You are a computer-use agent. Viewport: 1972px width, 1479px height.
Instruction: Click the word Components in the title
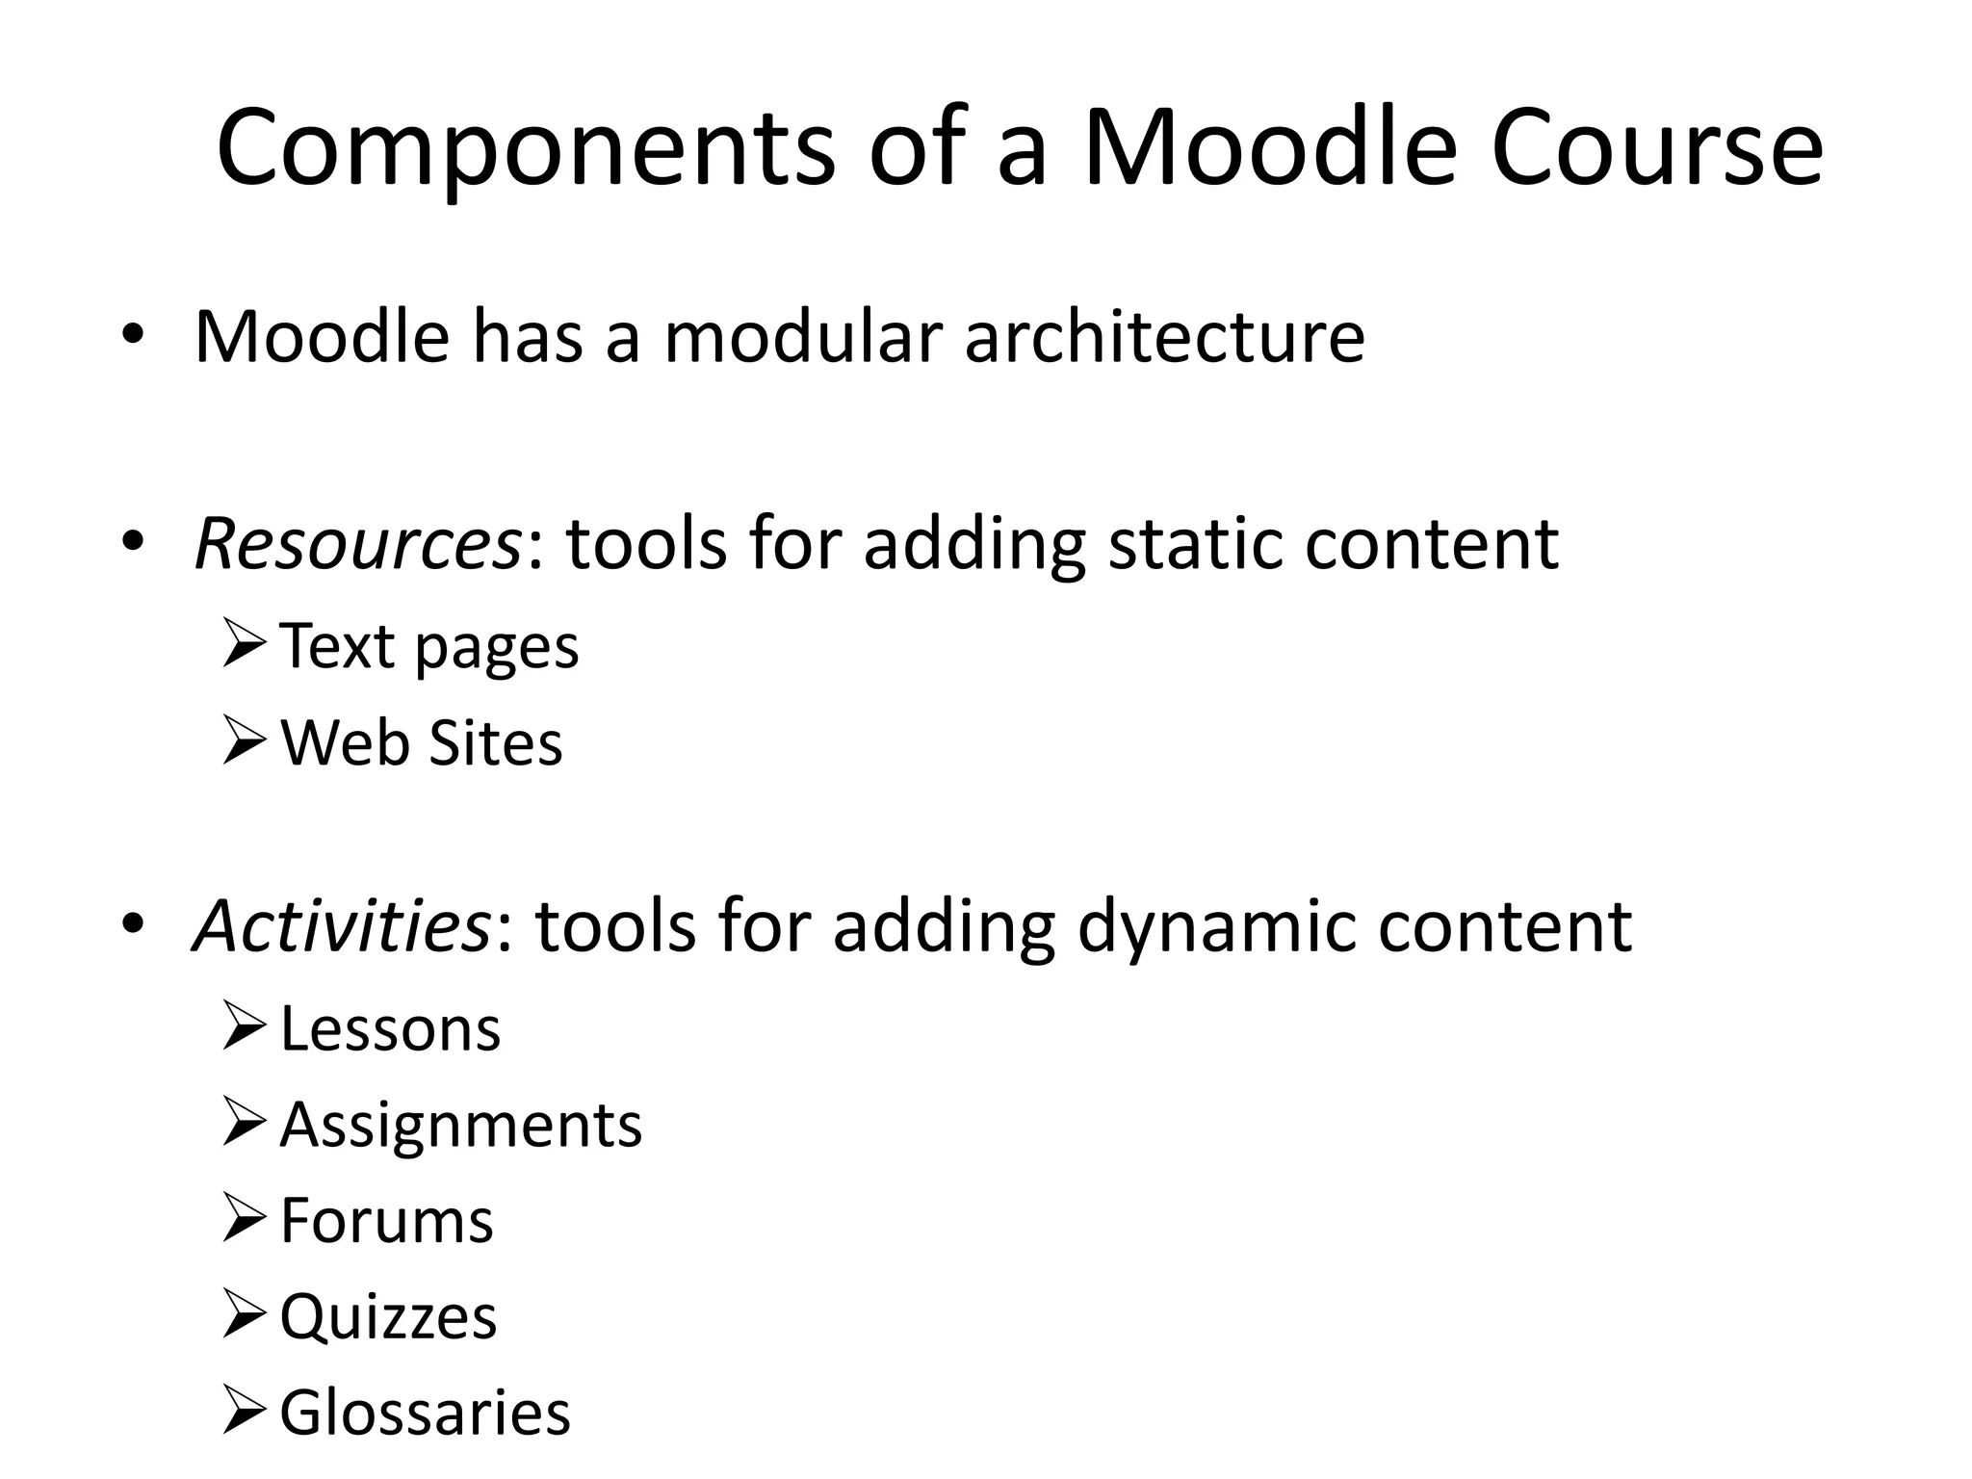click(x=526, y=149)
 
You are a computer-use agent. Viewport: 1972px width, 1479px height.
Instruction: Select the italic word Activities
click(x=342, y=925)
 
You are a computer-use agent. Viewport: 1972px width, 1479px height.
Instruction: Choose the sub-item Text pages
click(x=429, y=646)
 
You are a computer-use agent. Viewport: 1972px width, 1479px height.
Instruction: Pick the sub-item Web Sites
click(x=421, y=742)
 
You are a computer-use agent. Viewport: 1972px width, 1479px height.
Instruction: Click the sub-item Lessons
click(x=390, y=1028)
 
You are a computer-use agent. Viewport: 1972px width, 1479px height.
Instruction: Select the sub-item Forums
click(x=386, y=1220)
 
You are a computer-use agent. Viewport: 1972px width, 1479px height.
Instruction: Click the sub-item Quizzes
click(x=388, y=1316)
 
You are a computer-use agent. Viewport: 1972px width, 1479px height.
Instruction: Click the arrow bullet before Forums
click(x=243, y=1218)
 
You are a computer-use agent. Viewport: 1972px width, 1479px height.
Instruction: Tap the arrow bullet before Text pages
click(x=243, y=644)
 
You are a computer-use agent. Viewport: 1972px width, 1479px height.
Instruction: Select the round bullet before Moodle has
click(x=133, y=336)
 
